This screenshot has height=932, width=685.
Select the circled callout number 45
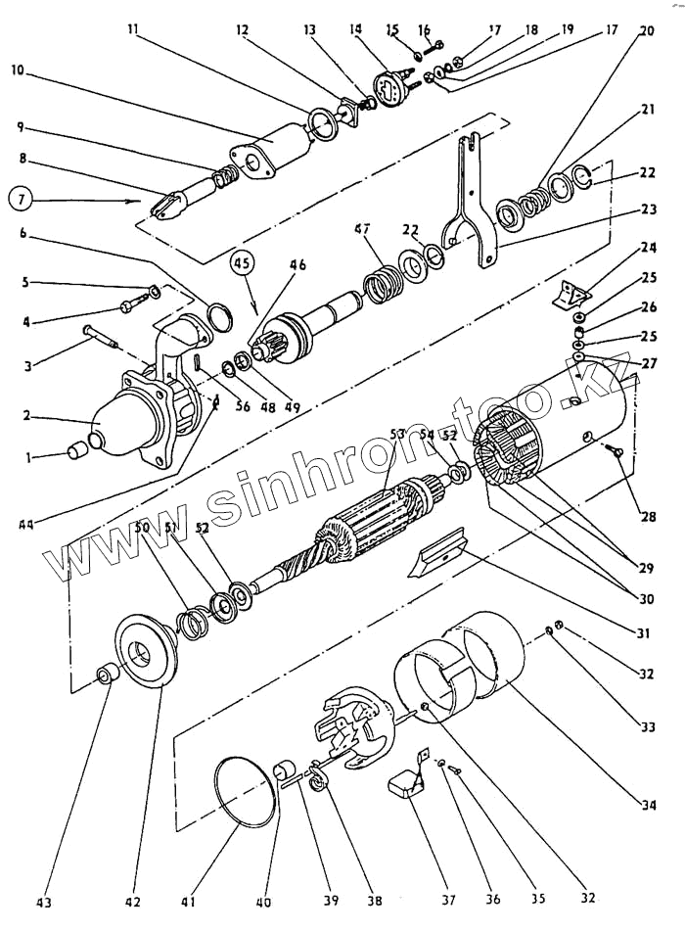pos(244,263)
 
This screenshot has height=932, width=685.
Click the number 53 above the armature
pos(396,433)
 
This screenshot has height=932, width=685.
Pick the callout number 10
pos(20,70)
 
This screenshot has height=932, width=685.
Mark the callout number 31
pos(642,633)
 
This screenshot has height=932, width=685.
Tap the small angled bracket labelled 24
pos(574,293)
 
